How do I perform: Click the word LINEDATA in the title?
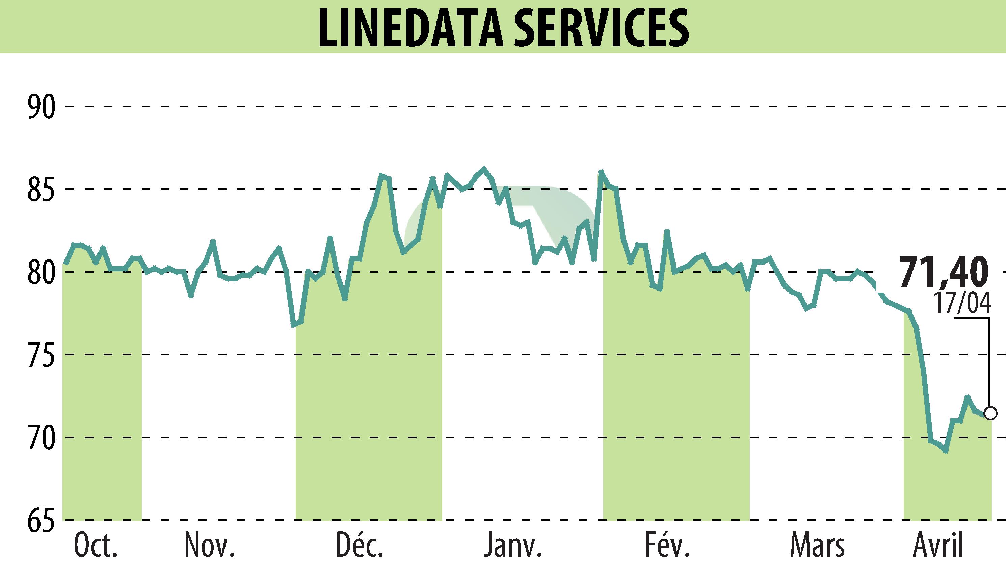[411, 27]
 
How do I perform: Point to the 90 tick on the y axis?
[41, 107]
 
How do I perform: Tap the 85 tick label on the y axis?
[41, 189]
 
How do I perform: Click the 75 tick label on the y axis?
[41, 355]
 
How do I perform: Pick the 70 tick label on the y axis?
[41, 437]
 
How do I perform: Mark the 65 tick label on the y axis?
[41, 520]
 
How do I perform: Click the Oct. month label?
[96, 546]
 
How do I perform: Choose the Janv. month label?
[513, 546]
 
